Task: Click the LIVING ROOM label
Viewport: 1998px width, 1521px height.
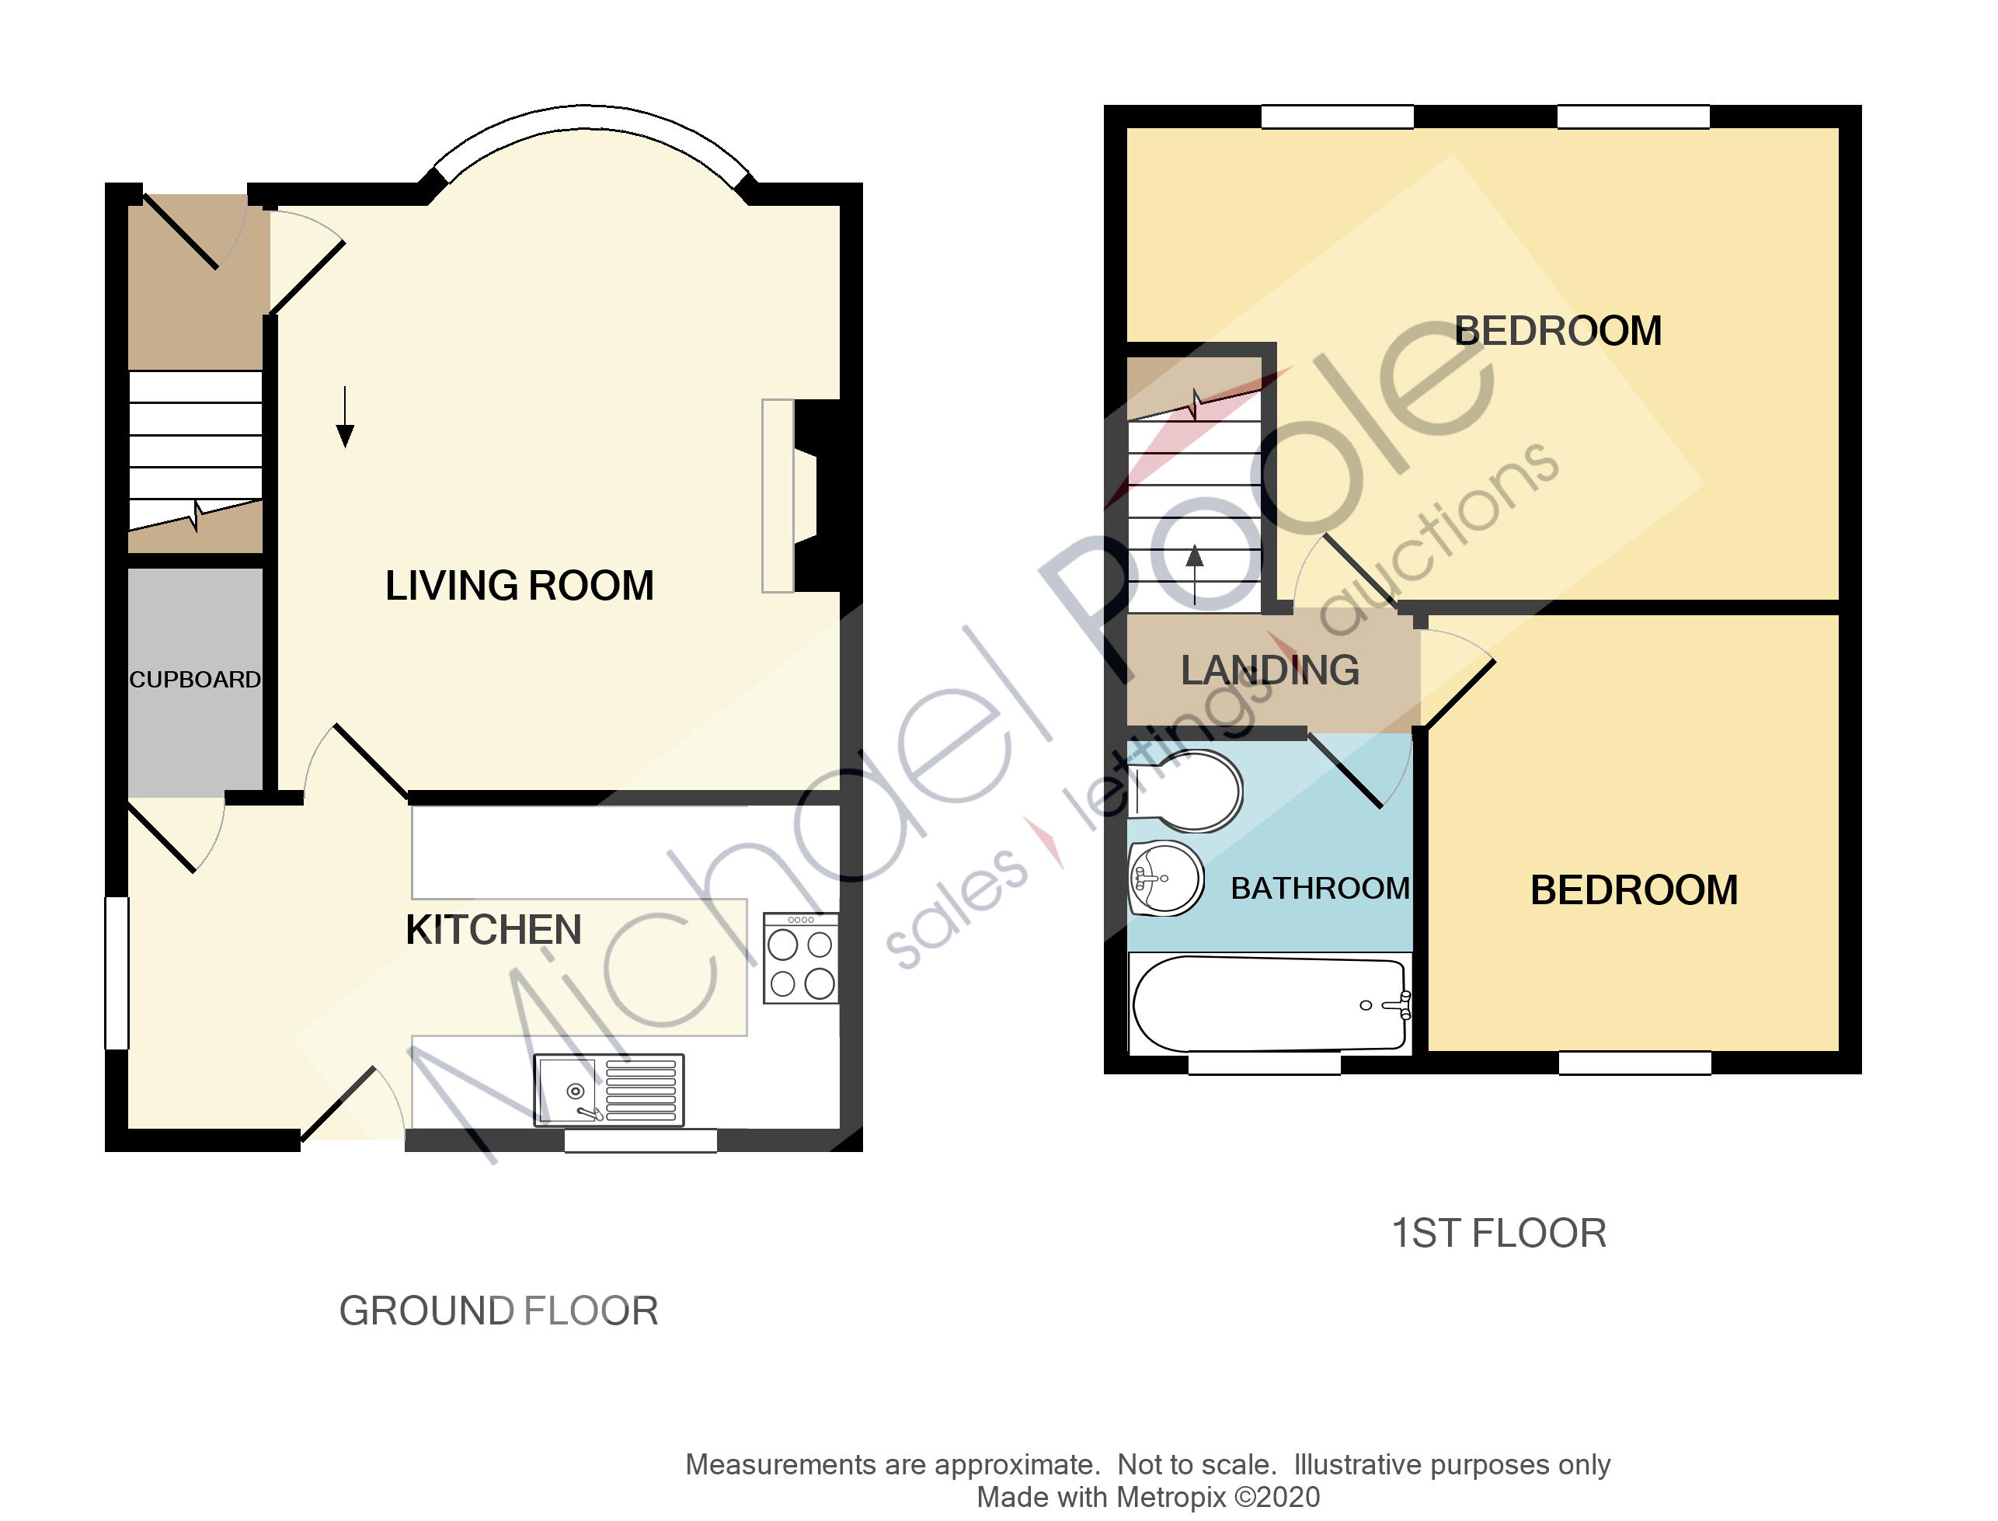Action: pyautogui.click(x=519, y=586)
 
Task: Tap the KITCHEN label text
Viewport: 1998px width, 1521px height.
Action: pyautogui.click(x=493, y=930)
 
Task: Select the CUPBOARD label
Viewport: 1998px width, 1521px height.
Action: pyautogui.click(x=195, y=679)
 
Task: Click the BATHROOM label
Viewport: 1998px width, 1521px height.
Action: pyautogui.click(x=1320, y=888)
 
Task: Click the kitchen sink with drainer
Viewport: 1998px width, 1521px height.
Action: pyautogui.click(x=609, y=1090)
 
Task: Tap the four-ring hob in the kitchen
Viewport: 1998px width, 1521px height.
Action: pyautogui.click(x=801, y=959)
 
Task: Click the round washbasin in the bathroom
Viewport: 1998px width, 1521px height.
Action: pyautogui.click(x=1165, y=879)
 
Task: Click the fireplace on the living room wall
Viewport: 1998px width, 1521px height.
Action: pyautogui.click(x=800, y=496)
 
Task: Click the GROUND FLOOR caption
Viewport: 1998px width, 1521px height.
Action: pyautogui.click(x=499, y=1311)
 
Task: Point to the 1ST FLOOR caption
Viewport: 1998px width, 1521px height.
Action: pyautogui.click(x=1498, y=1233)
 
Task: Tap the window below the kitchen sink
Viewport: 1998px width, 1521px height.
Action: pyautogui.click(x=641, y=1140)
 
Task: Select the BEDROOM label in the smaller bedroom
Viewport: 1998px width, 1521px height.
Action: pyautogui.click(x=1633, y=890)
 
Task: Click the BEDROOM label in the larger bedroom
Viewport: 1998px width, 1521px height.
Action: pyautogui.click(x=1557, y=332)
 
